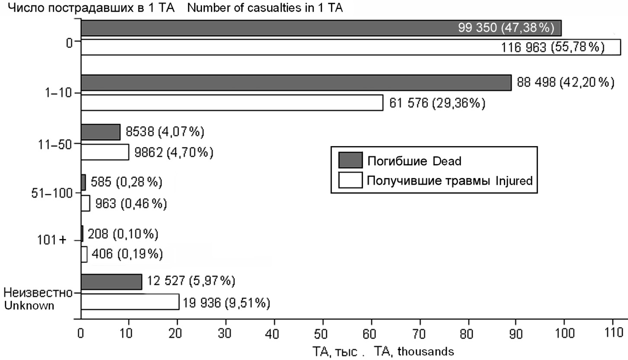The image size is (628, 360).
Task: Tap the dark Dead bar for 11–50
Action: click(100, 132)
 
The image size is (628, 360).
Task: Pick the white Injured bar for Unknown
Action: click(130, 302)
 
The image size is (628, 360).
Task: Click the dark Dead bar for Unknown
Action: click(111, 282)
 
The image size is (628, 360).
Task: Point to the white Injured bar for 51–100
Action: click(85, 203)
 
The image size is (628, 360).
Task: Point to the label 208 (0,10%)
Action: click(123, 234)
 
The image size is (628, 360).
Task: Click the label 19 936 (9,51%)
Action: click(227, 303)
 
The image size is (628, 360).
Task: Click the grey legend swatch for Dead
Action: click(350, 160)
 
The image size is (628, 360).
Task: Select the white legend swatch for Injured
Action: click(350, 180)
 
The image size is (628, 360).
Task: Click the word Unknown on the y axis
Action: click(29, 305)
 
